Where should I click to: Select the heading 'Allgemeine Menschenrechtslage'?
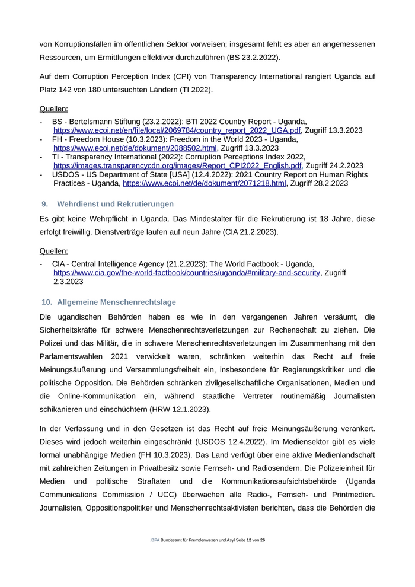pyautogui.click(x=116, y=302)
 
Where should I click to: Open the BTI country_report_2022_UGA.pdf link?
pyautogui.click(x=177, y=130)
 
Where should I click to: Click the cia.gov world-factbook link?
pyautogui.click(x=187, y=272)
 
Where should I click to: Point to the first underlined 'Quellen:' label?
pyautogui.click(x=53, y=109)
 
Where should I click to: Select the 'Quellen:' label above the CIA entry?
pyautogui.click(x=53, y=251)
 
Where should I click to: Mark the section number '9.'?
pyautogui.click(x=45, y=204)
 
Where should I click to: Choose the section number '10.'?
pyautogui.click(x=47, y=302)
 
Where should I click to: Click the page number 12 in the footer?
pyautogui.click(x=248, y=541)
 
